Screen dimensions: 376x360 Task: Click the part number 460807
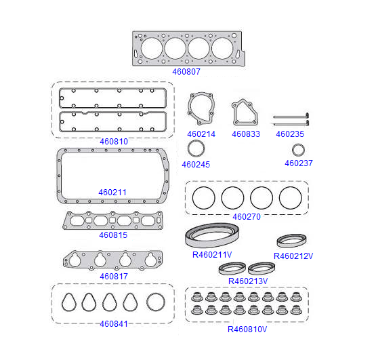186,71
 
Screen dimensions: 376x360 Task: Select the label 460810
114,142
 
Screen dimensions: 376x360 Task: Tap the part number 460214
201,134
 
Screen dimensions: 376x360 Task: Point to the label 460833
246,134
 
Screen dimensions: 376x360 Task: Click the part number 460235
290,134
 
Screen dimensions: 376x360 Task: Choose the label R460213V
248,281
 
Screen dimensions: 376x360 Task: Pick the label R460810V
247,329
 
